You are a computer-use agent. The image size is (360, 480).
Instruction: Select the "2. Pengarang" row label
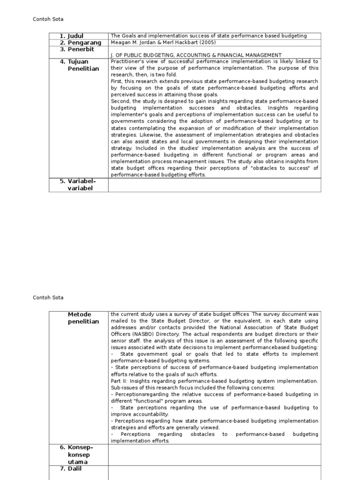[80, 43]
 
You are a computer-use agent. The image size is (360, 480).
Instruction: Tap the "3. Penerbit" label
[78, 49]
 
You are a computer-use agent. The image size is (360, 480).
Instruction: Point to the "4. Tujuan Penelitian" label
[79, 65]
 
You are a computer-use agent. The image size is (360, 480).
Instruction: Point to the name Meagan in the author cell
[120, 42]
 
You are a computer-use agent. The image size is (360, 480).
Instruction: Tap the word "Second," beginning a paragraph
[120, 101]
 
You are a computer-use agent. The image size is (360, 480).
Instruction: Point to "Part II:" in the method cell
[120, 381]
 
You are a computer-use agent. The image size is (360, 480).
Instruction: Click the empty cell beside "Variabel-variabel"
[214, 185]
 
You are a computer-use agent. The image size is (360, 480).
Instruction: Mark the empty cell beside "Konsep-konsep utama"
[214, 455]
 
